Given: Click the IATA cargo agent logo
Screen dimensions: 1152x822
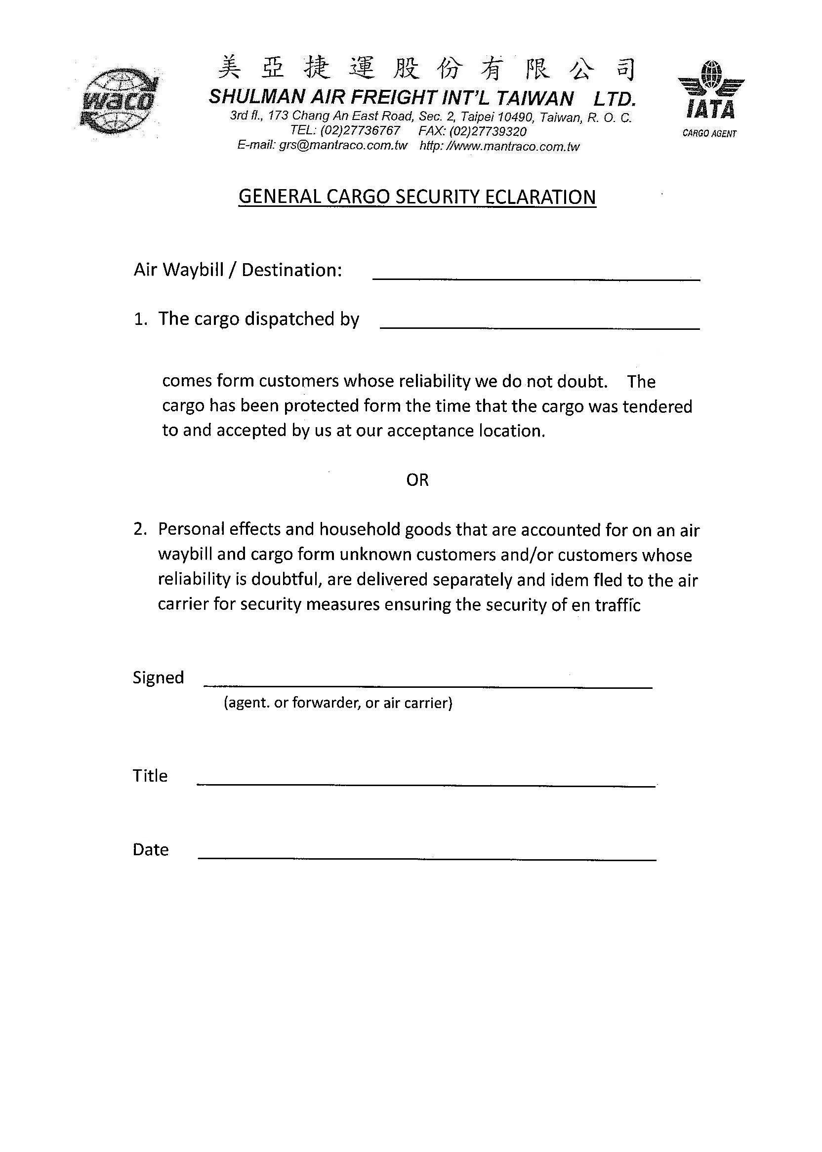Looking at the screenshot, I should pos(710,99).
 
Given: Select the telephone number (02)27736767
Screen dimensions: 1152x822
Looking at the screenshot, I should pos(360,131).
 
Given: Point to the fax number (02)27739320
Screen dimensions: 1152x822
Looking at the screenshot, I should pos(488,131).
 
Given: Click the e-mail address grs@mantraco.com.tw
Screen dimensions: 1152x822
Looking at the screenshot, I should pos(343,146).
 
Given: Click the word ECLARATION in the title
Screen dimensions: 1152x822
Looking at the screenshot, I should pos(540,197).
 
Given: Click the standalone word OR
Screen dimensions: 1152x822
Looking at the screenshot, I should pos(417,479).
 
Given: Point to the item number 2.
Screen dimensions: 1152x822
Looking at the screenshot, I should pos(140,529).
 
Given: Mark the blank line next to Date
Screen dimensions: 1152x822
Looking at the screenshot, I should pos(427,859).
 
